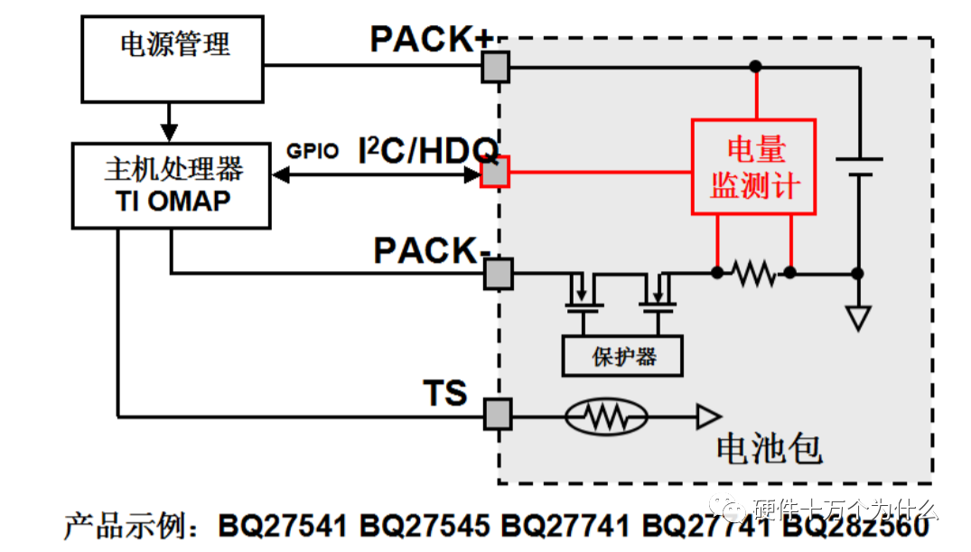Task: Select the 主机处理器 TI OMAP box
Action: [172, 184]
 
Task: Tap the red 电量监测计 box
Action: [754, 167]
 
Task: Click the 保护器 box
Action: [622, 356]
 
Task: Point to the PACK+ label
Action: [432, 40]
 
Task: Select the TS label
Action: [445, 393]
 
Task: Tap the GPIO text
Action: [313, 152]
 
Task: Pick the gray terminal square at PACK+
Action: [495, 66]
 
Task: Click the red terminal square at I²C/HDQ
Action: [495, 172]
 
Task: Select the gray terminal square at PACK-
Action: [497, 273]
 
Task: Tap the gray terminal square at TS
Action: [496, 414]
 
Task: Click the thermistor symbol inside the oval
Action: [606, 416]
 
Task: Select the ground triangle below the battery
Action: [857, 318]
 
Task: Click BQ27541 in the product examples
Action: [285, 525]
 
